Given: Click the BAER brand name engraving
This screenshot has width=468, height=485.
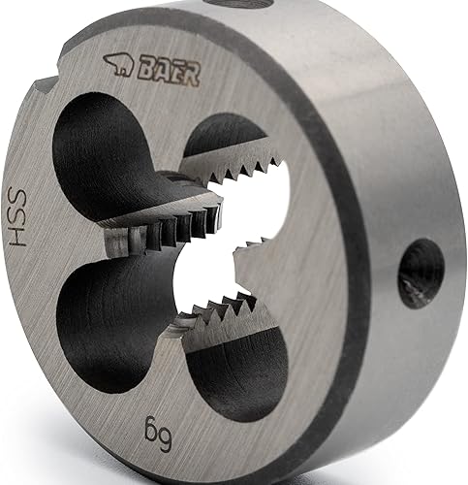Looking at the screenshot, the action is point(169,74).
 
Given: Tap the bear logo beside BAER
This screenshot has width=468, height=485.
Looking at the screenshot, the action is point(118,64).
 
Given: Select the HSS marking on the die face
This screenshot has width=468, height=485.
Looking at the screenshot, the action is point(16,216).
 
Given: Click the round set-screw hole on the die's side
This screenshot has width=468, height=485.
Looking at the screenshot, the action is point(421,274).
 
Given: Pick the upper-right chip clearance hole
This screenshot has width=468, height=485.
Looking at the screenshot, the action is point(223,136).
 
